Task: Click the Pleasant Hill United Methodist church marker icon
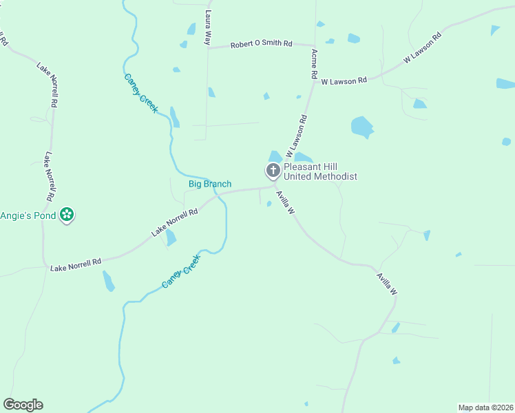coord(273,171)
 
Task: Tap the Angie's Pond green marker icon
coord(67,215)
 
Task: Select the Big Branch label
coord(210,184)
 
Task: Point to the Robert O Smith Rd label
coord(261,44)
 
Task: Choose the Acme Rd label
coord(314,63)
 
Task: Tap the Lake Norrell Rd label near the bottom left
coord(76,262)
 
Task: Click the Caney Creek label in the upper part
coord(141,93)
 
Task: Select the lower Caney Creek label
coord(181,271)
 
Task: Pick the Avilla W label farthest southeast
coord(387,284)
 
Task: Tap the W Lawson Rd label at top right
coord(422,47)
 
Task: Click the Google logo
coord(23,405)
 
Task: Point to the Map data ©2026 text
coord(485,407)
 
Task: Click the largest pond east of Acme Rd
coord(361,127)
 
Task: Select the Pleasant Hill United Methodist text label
coord(321,171)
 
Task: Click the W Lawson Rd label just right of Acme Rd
coord(344,81)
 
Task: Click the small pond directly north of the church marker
coord(275,156)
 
